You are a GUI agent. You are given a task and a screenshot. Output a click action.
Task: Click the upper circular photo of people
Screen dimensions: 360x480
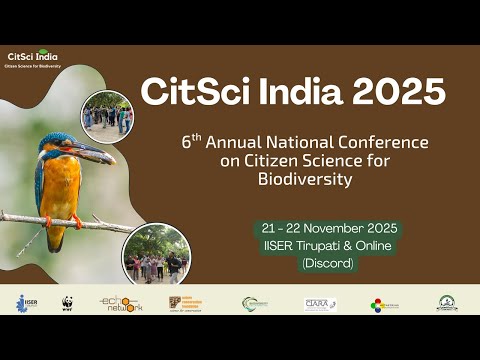(x=107, y=115)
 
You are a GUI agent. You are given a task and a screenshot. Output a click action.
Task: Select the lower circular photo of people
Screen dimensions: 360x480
(x=155, y=255)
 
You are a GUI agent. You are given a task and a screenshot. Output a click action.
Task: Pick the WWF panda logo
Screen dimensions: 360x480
(x=67, y=303)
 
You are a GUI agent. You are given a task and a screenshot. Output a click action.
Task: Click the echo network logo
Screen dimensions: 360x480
(x=120, y=303)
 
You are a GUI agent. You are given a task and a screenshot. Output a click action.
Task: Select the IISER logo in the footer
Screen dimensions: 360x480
(x=25, y=303)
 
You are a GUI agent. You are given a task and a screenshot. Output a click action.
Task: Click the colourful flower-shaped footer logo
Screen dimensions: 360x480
(x=380, y=304)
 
